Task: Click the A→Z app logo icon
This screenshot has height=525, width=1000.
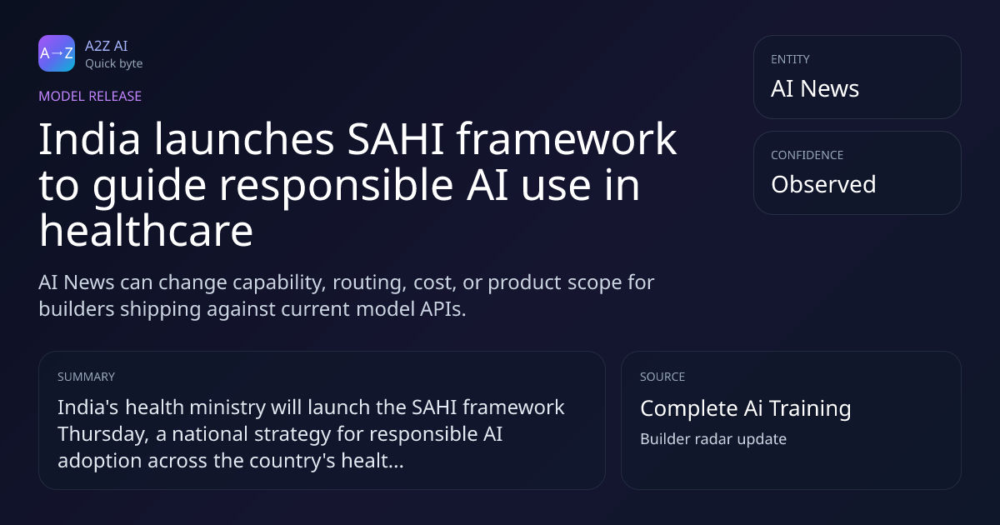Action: [x=57, y=53]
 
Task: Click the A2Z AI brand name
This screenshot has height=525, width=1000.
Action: [x=107, y=46]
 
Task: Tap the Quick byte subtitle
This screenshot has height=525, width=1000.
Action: [x=114, y=64]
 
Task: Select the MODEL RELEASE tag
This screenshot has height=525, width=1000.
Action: [x=90, y=96]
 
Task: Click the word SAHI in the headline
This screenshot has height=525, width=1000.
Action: [x=396, y=139]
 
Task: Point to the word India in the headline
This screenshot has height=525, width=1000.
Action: [x=90, y=139]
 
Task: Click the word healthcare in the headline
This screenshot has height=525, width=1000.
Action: [x=147, y=231]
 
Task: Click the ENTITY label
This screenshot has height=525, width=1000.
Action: [x=790, y=59]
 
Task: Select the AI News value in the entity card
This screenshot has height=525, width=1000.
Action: [x=815, y=88]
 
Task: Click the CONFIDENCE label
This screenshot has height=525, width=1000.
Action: [x=807, y=155]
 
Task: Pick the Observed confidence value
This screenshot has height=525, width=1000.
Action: [x=823, y=184]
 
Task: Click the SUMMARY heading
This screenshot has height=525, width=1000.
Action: [x=86, y=377]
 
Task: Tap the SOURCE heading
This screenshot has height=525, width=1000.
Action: [x=662, y=377]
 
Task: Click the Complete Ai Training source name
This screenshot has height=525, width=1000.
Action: [x=746, y=408]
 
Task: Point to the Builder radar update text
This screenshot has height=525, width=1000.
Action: [x=713, y=439]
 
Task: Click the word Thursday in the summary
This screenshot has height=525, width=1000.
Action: [x=103, y=434]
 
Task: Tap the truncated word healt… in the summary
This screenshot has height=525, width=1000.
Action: [x=372, y=460]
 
